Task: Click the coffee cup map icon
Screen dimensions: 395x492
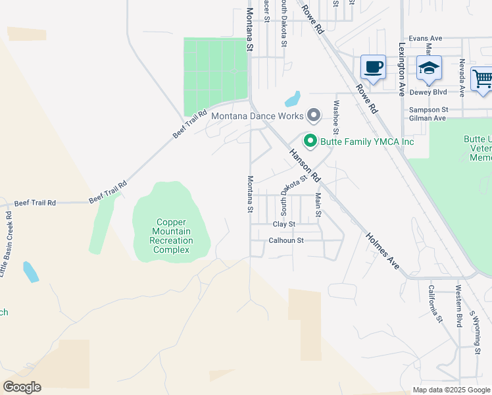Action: [x=373, y=67]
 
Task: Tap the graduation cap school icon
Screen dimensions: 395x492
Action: [x=429, y=68]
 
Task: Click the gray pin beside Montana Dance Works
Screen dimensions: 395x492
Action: [x=314, y=116]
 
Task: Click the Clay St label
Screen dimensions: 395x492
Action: [x=284, y=224]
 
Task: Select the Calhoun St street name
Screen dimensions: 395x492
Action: [x=286, y=240]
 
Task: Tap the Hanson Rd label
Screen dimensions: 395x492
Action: [x=303, y=165]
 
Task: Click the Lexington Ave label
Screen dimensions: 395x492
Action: [x=401, y=70]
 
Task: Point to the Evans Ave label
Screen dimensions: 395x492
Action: [x=426, y=39]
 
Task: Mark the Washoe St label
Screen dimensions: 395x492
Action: [x=336, y=113]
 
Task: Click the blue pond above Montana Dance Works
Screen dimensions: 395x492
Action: [x=292, y=99]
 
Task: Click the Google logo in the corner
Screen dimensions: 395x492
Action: [x=22, y=387]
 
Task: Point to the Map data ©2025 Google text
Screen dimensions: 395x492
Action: [x=451, y=390]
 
